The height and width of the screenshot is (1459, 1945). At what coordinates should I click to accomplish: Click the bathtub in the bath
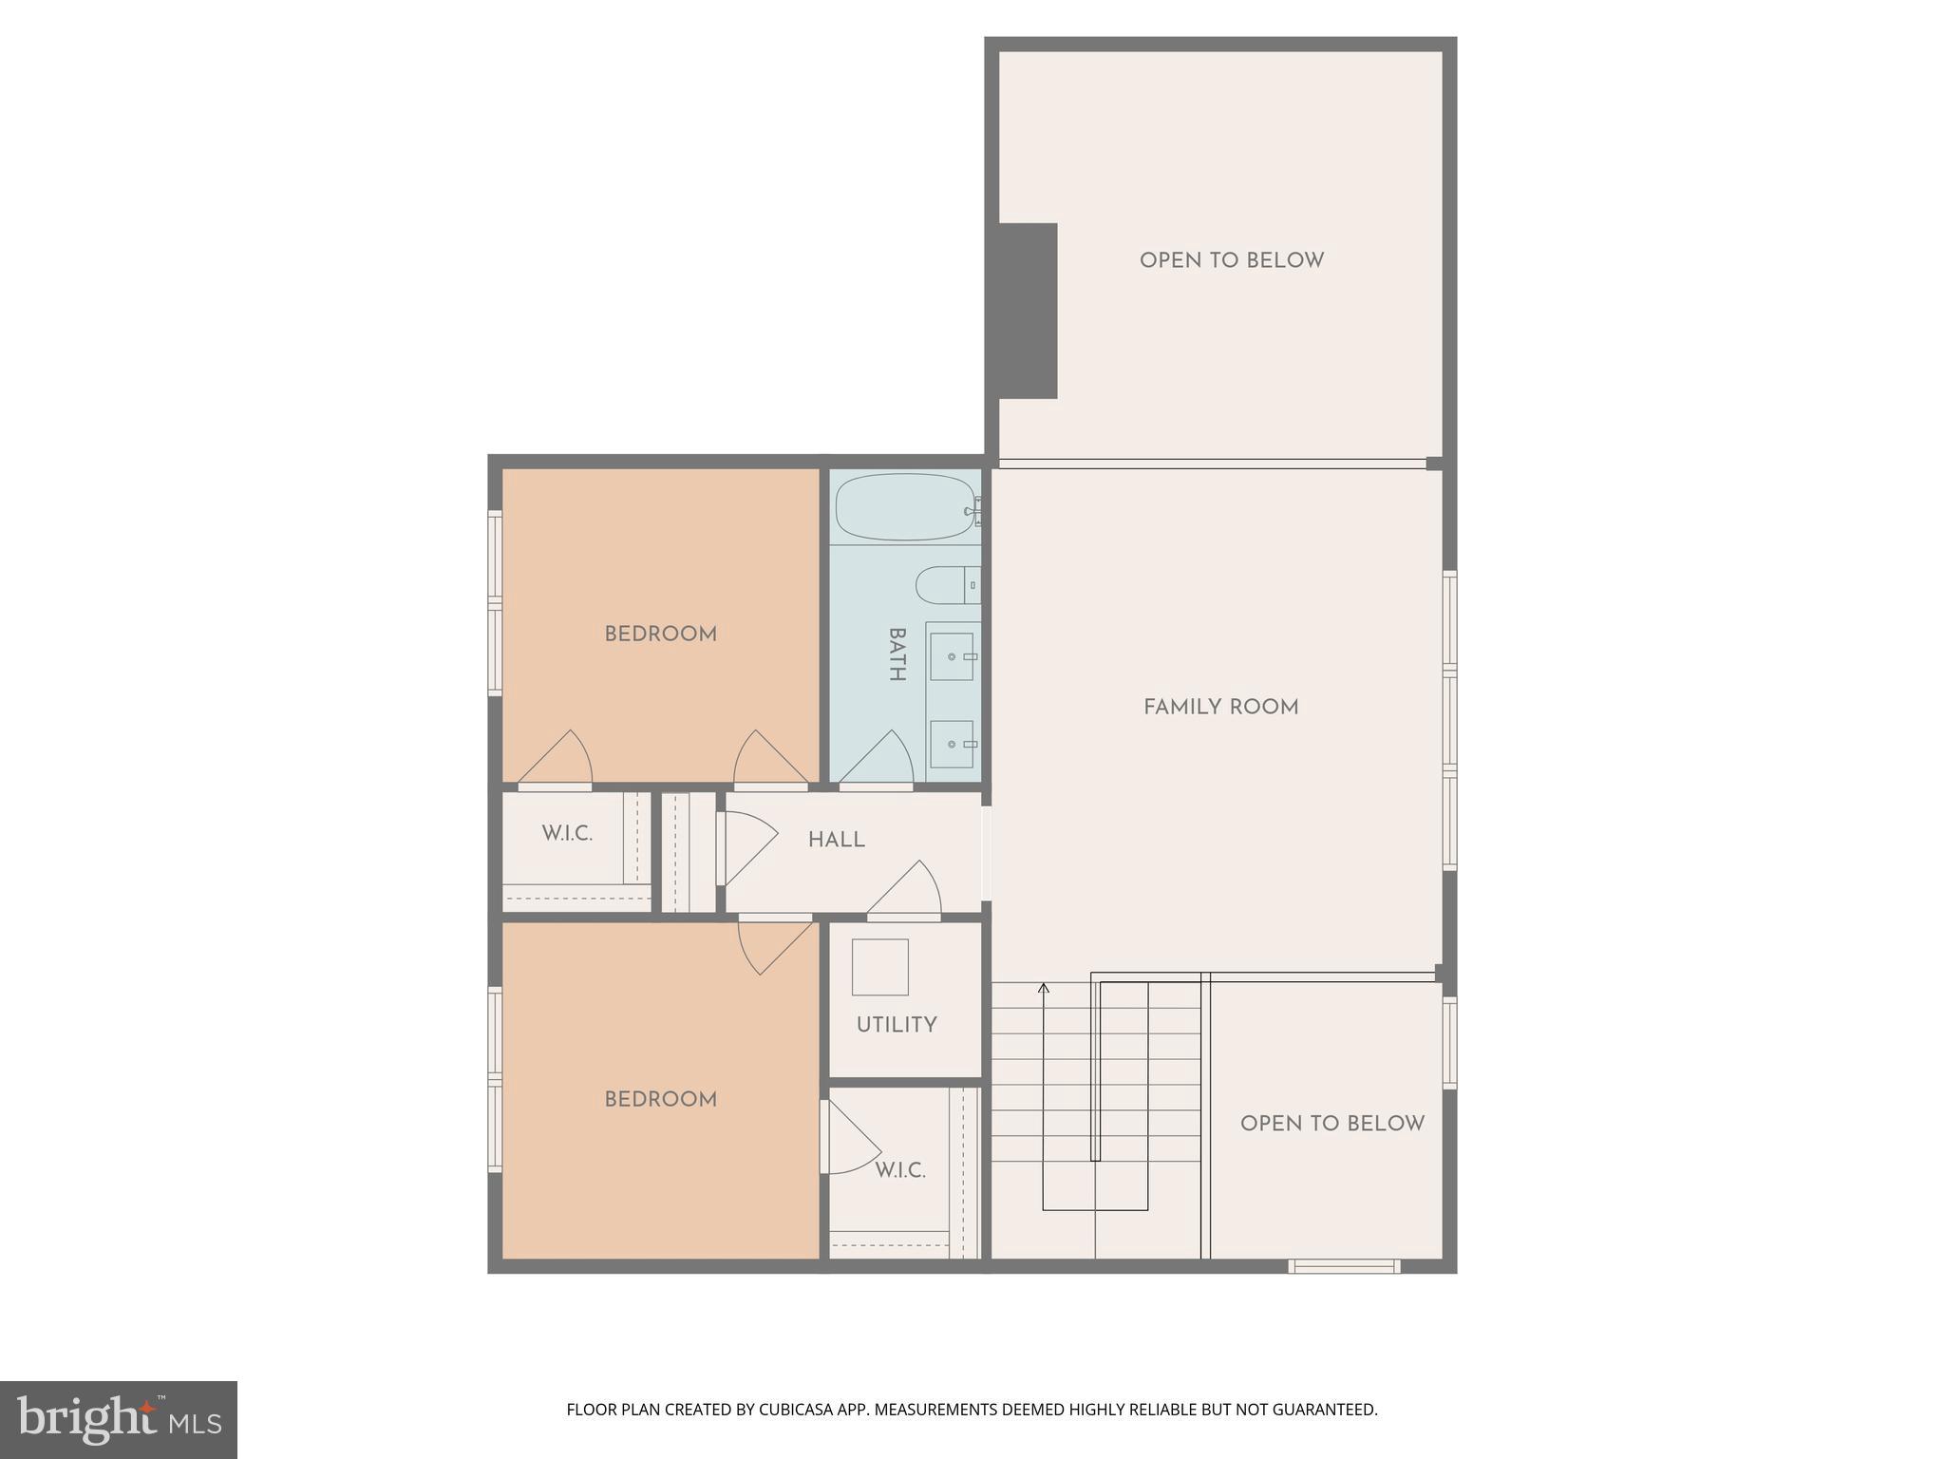pos(905,507)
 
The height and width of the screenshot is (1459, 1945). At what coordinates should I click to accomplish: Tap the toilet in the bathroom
pos(945,584)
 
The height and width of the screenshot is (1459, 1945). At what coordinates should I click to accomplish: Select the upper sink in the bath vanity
pos(952,656)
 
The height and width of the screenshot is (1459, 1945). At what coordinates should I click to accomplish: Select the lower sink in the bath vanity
pos(952,744)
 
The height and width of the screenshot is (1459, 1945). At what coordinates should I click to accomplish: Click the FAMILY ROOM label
pos(1220,708)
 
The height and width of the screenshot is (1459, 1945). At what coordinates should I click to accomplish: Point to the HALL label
pos(836,841)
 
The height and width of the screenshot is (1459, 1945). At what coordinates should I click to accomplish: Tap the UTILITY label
pos(897,1025)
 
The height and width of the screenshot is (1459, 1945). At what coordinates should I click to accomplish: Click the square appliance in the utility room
pos(879,967)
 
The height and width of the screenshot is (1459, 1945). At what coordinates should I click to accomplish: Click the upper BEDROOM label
pos(660,635)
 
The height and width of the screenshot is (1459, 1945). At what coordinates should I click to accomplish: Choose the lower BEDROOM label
pos(660,1100)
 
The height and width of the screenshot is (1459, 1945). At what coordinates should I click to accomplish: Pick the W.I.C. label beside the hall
pos(567,834)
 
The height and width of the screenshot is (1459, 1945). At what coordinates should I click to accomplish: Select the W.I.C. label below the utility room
pos(899,1170)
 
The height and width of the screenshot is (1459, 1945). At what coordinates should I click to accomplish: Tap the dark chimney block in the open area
pos(1028,311)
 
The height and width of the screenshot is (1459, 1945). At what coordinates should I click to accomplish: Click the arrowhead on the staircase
pos(1043,989)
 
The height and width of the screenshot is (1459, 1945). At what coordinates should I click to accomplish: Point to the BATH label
pos(896,654)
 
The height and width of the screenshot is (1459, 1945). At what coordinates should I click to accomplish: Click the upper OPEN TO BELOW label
pos(1231,260)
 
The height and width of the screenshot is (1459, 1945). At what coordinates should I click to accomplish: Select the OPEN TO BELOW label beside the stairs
pos(1331,1124)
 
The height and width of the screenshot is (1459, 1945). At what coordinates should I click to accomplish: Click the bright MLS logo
pos(119,1419)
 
